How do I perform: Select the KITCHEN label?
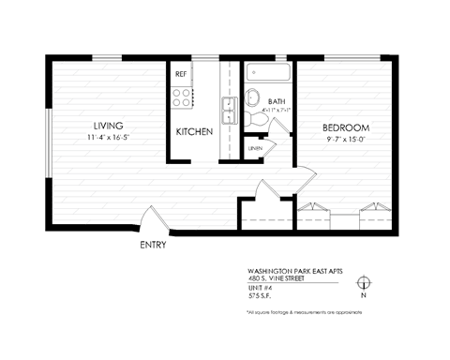[x=194, y=132]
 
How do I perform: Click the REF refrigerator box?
[x=182, y=72]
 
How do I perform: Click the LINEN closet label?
[x=255, y=148]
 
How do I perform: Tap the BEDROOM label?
[x=346, y=127]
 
